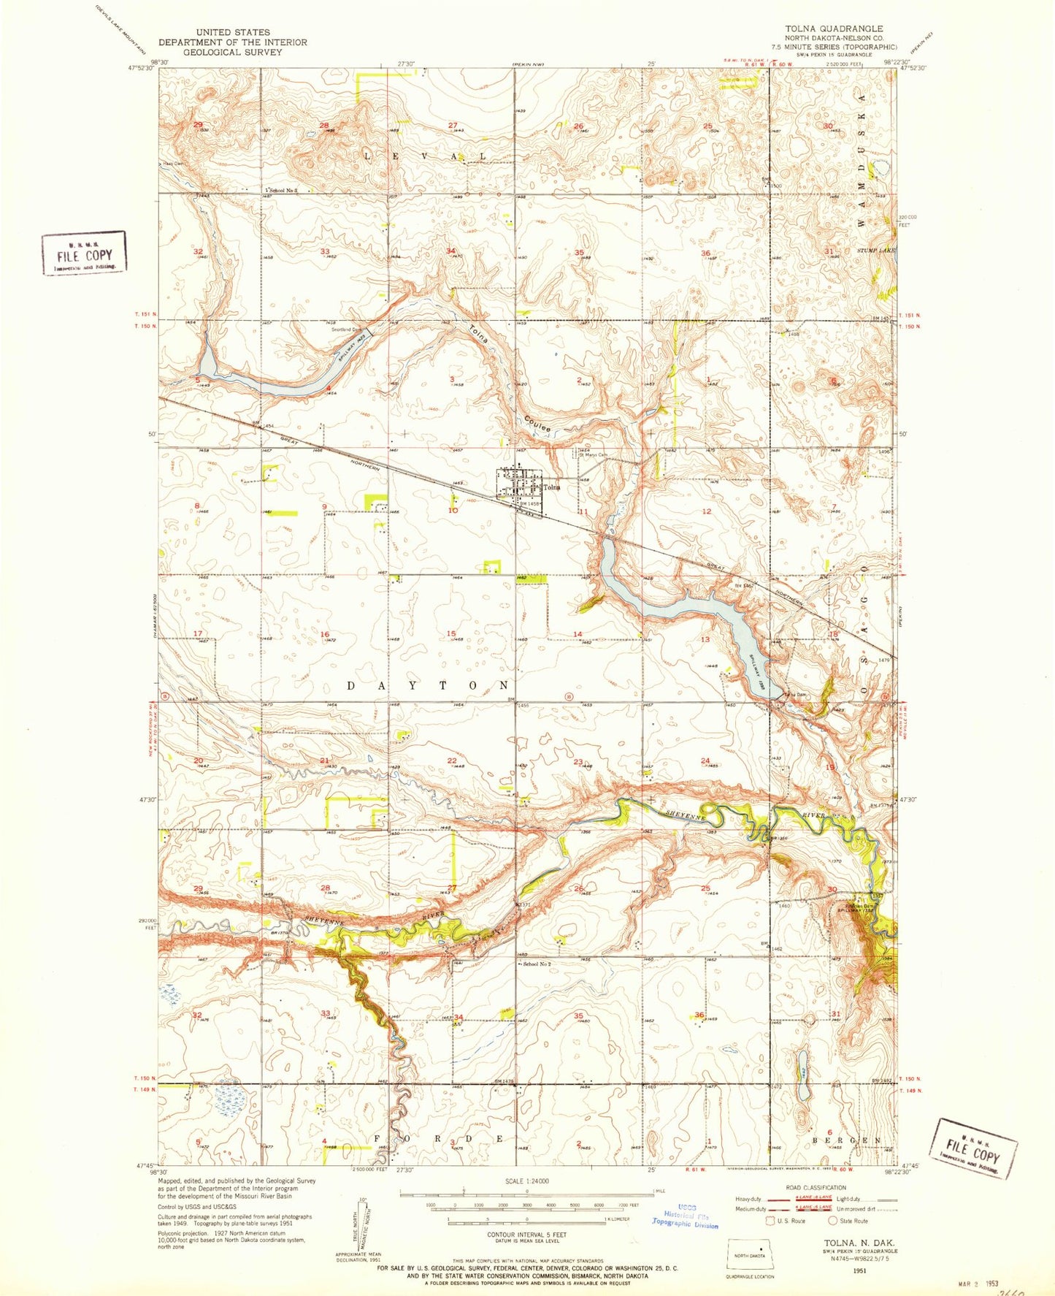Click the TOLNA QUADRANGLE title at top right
pos(833,28)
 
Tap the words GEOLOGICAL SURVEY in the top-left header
pos(232,52)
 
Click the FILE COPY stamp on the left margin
pos(84,254)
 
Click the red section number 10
pos(453,511)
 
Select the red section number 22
pos(452,761)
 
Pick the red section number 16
pos(325,635)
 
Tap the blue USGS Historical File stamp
pos(684,1216)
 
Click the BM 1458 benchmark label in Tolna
pos(531,503)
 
